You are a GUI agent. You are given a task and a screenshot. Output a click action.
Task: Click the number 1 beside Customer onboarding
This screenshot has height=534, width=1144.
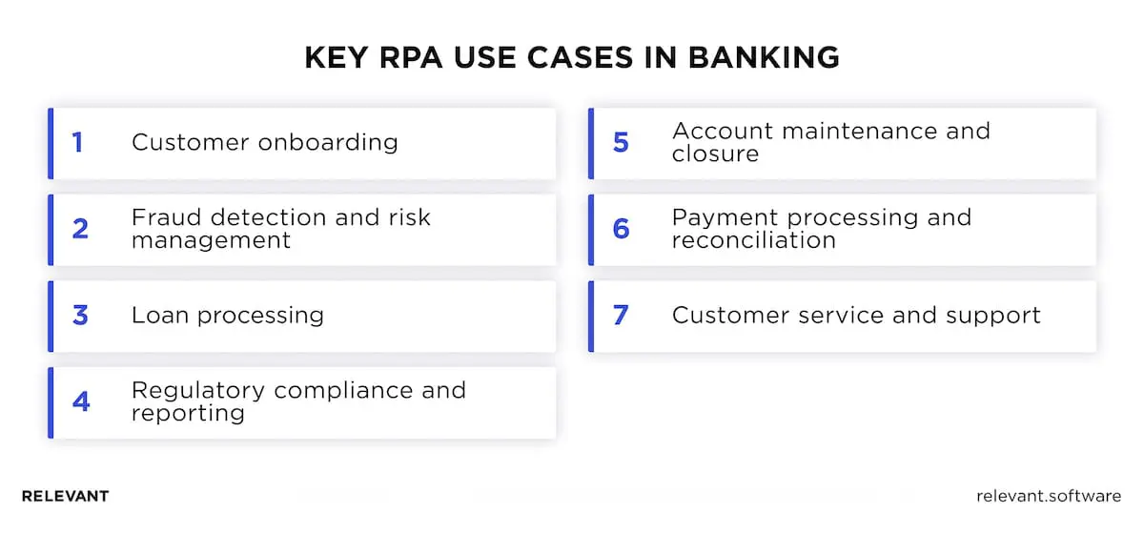click(x=77, y=143)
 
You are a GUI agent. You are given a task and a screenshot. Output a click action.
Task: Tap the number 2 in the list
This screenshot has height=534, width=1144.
click(x=80, y=229)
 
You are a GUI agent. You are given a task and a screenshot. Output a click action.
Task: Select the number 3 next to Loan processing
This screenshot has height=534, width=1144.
click(x=80, y=316)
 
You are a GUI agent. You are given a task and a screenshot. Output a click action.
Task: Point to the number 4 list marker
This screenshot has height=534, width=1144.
click(x=80, y=401)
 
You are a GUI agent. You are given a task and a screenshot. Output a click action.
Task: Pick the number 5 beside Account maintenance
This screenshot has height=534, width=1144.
click(x=621, y=143)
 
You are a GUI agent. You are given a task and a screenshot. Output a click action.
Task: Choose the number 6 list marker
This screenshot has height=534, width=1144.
click(x=621, y=229)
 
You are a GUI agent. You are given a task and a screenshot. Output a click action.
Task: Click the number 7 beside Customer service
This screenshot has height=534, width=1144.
click(x=621, y=316)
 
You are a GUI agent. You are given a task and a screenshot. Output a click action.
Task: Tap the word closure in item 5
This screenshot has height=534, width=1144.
click(x=715, y=154)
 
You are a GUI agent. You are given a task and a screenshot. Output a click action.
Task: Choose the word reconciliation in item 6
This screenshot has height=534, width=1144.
click(x=753, y=240)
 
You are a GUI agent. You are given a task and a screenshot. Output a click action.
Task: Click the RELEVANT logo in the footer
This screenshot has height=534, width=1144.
click(x=65, y=497)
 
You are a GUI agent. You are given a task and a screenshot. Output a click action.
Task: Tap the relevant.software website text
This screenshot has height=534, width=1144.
click(x=1049, y=497)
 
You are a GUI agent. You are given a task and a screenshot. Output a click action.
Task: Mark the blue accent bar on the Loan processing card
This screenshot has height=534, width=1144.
click(x=51, y=316)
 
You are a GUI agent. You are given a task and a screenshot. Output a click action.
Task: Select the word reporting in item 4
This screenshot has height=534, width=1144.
click(x=188, y=414)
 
